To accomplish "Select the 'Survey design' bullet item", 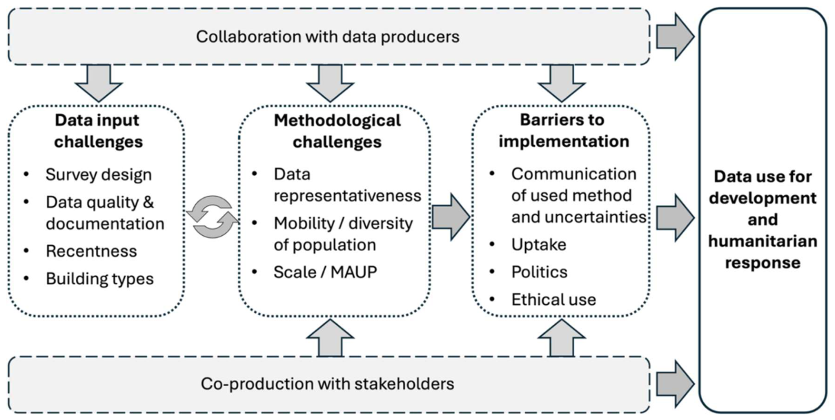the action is (99, 174).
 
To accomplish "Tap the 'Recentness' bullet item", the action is (91, 251).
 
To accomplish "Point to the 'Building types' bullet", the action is (99, 279).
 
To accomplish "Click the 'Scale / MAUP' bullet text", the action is (325, 272).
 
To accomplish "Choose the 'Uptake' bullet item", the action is (539, 245).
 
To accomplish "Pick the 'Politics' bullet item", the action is (539, 272).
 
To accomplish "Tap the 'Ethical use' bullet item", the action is (553, 299).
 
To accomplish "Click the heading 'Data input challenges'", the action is (98, 131).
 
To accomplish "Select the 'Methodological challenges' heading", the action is (337, 131).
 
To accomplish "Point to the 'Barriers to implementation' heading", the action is (564, 130).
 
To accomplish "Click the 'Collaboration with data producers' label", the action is (328, 37).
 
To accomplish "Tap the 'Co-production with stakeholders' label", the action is (327, 384).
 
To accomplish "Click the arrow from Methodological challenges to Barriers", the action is (451, 217).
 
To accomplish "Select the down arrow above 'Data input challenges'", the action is (99, 83).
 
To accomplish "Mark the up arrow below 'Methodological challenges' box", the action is (330, 338).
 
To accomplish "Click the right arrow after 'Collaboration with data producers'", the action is (675, 37).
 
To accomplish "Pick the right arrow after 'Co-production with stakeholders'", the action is (675, 384).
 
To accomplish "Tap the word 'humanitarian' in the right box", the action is (763, 241).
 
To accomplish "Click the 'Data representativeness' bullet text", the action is (347, 185).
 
